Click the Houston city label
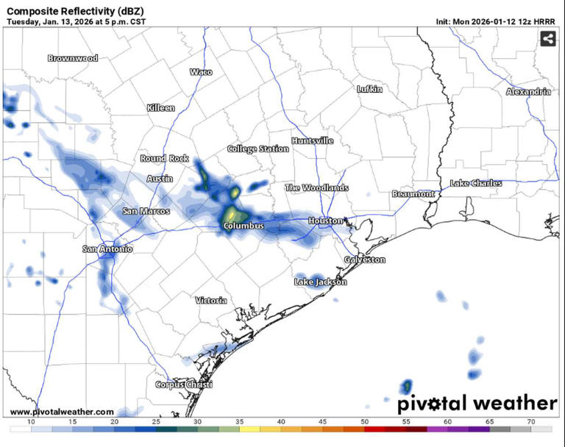(x=324, y=221)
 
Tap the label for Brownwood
(x=73, y=58)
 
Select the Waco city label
(x=201, y=72)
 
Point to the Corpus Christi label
(x=184, y=385)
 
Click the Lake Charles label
(x=476, y=183)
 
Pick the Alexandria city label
(x=528, y=92)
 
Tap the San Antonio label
(x=107, y=249)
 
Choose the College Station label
(x=257, y=149)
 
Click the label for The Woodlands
(x=316, y=188)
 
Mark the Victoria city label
(x=211, y=301)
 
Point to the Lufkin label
(x=369, y=89)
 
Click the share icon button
(x=547, y=39)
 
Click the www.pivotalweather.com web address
(x=63, y=412)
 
